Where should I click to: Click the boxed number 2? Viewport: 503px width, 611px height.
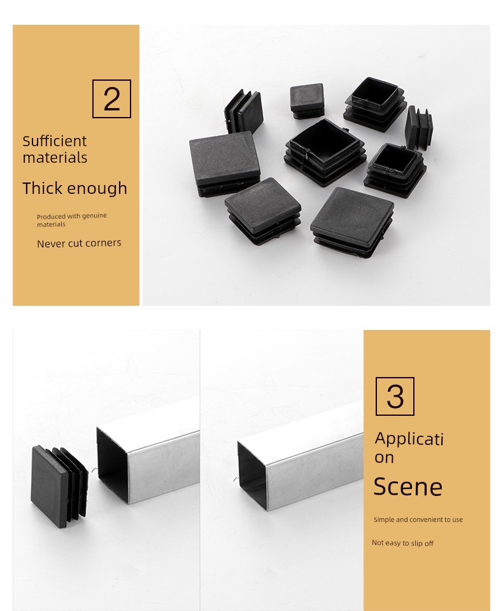point(111,99)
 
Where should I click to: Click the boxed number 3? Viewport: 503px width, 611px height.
point(395,396)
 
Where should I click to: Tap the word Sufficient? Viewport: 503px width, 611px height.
point(55,141)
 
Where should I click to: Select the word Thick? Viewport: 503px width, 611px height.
point(42,188)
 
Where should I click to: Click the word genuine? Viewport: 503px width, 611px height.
point(94,216)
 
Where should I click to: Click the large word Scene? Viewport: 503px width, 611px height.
point(407,486)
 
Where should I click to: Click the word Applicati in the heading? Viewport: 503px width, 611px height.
point(409,439)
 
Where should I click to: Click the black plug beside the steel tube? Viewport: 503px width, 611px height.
point(59,486)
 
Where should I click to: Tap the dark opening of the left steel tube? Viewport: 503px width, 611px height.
point(113,465)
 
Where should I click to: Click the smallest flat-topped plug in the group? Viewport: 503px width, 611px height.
point(307,100)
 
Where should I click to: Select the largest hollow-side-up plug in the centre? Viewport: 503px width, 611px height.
point(325,153)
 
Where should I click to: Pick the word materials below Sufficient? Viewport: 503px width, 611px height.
point(55,158)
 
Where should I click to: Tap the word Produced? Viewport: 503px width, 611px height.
point(51,216)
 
